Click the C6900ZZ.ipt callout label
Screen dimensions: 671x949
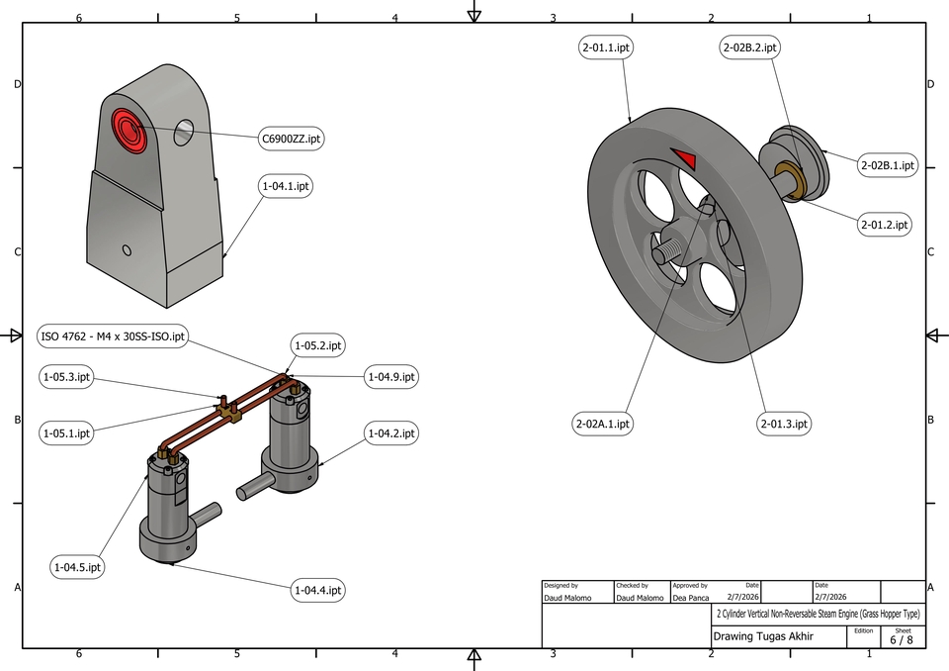point(291,140)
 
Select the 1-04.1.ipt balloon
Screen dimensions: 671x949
point(286,186)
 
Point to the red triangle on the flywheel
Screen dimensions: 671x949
point(683,158)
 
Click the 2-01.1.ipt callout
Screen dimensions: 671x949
point(606,48)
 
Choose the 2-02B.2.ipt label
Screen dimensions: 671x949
point(748,48)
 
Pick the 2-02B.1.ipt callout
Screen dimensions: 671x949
point(887,165)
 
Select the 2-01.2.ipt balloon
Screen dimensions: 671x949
point(883,225)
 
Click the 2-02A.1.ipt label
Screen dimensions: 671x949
point(602,424)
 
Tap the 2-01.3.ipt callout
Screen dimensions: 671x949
point(784,424)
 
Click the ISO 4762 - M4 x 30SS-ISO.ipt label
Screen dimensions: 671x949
point(113,336)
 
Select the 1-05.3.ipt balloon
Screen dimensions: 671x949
point(67,377)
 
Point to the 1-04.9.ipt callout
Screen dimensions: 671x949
point(391,377)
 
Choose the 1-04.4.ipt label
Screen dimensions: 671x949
point(317,590)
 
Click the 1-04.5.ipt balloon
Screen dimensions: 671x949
point(78,567)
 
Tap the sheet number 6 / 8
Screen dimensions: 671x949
point(902,639)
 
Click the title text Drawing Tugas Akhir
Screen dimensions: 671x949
point(763,636)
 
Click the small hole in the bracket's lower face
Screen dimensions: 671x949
point(127,249)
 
